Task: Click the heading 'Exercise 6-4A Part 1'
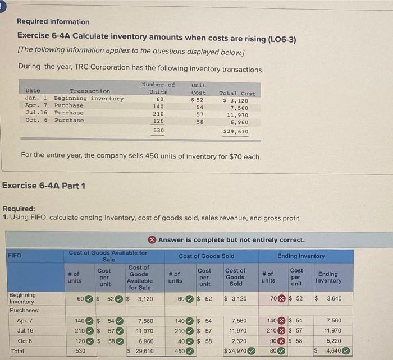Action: click(44, 186)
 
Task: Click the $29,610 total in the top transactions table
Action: click(235, 131)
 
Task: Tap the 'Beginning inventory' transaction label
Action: click(89, 99)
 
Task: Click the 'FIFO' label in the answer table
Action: click(15, 256)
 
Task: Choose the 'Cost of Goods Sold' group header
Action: click(207, 256)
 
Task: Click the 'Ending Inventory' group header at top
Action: click(301, 256)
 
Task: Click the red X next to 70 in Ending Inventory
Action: click(282, 298)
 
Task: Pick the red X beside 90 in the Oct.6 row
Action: click(282, 340)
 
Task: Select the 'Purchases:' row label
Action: click(24, 310)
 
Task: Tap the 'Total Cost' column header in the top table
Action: click(237, 93)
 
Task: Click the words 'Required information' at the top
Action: click(53, 21)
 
